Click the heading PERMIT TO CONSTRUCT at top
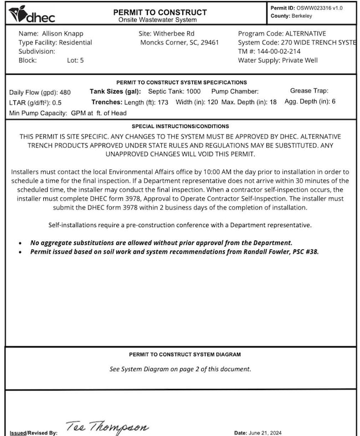click(160, 12)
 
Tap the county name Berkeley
click(302, 16)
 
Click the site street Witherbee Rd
click(174, 34)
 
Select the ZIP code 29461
click(209, 42)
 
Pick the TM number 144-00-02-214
click(285, 51)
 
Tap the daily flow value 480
click(65, 93)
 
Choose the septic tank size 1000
click(193, 91)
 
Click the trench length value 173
click(163, 102)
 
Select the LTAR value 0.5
click(56, 103)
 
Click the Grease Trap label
click(308, 90)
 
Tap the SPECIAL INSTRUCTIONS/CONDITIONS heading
click(180, 126)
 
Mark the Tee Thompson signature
click(107, 427)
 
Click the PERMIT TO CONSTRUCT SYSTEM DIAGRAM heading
click(185, 355)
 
